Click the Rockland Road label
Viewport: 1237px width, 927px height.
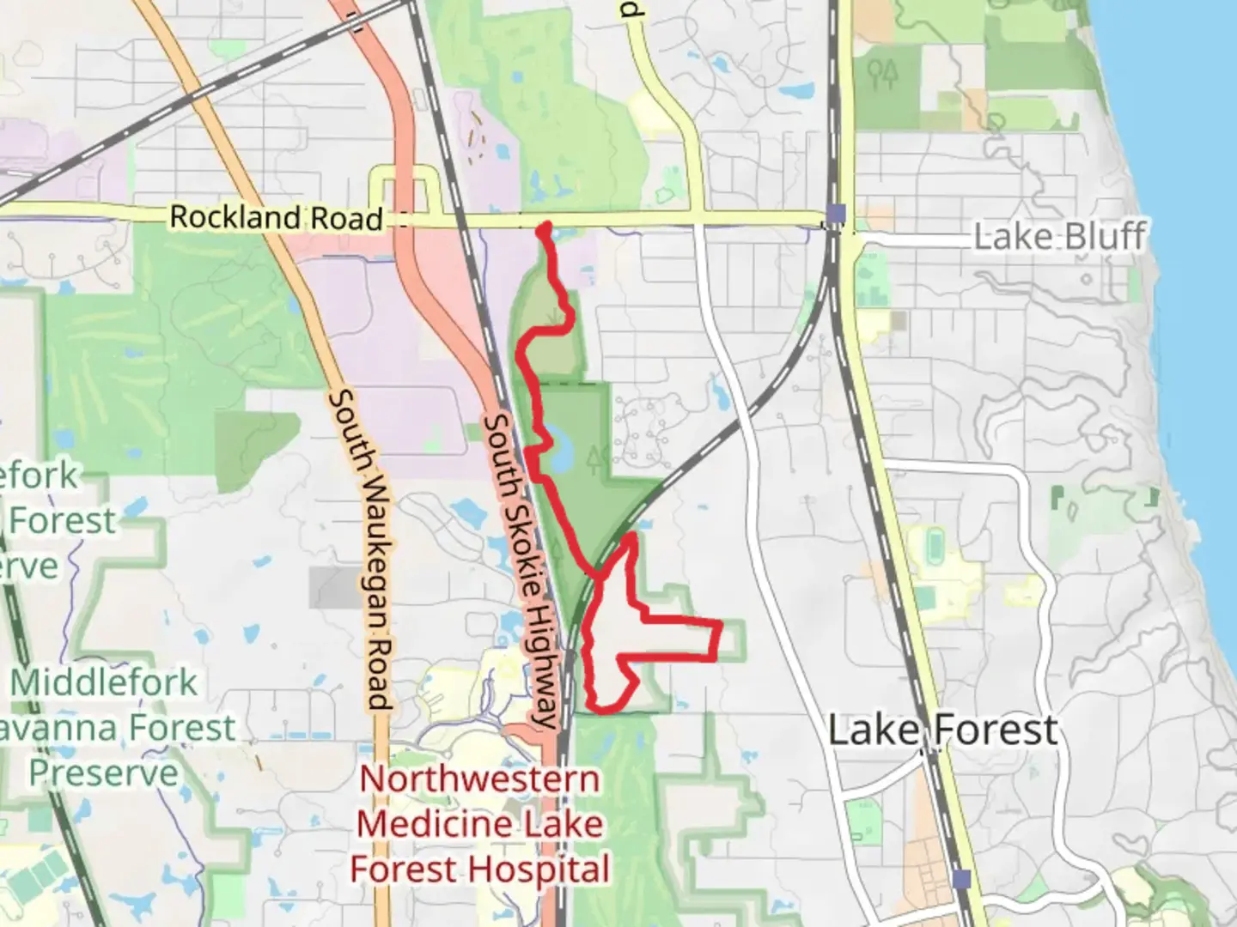(x=276, y=217)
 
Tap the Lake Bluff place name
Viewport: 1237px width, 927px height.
(x=1058, y=237)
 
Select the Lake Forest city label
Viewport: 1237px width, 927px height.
(x=942, y=730)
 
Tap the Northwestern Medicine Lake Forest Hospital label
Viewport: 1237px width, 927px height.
(x=480, y=824)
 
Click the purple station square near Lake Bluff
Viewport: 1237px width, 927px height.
(x=838, y=214)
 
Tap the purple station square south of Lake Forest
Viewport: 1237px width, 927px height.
(x=962, y=879)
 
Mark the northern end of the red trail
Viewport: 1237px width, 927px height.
(x=543, y=227)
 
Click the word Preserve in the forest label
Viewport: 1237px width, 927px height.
(x=104, y=773)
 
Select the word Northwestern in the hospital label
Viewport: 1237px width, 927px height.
(x=480, y=779)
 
